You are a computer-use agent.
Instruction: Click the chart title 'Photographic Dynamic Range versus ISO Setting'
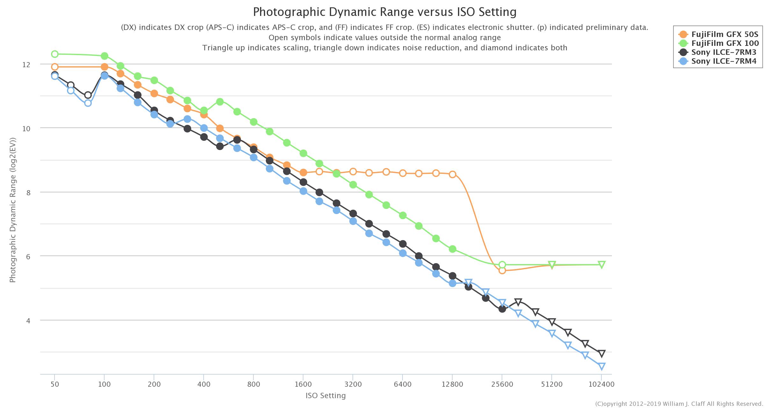tap(385, 12)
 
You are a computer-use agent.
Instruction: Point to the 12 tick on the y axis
tap(26, 65)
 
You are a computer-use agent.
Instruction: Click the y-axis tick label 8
tap(28, 193)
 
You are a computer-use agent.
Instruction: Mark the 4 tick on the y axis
tap(28, 321)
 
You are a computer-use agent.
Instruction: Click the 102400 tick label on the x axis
tap(601, 384)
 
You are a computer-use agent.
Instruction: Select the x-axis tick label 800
tap(253, 384)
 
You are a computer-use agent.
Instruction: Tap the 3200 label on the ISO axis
tap(353, 384)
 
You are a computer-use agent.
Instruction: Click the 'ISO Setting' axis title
tap(325, 396)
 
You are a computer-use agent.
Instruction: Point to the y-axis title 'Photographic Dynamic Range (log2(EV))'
tap(13, 210)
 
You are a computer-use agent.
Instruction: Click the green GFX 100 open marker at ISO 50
tap(55, 54)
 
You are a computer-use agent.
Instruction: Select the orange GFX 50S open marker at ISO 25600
tap(502, 270)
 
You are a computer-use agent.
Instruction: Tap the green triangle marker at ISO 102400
tap(602, 264)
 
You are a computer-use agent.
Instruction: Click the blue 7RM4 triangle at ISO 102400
tap(602, 366)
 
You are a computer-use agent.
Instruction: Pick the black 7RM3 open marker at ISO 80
tap(88, 95)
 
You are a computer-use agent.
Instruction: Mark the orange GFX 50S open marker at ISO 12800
tap(452, 174)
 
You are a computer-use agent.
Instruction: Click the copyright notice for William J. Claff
tap(679, 404)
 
